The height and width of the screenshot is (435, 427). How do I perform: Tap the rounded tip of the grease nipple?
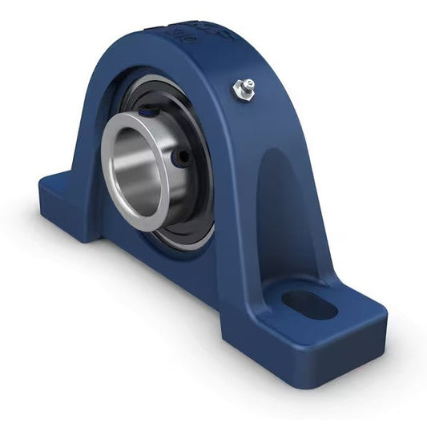[x=248, y=83]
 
